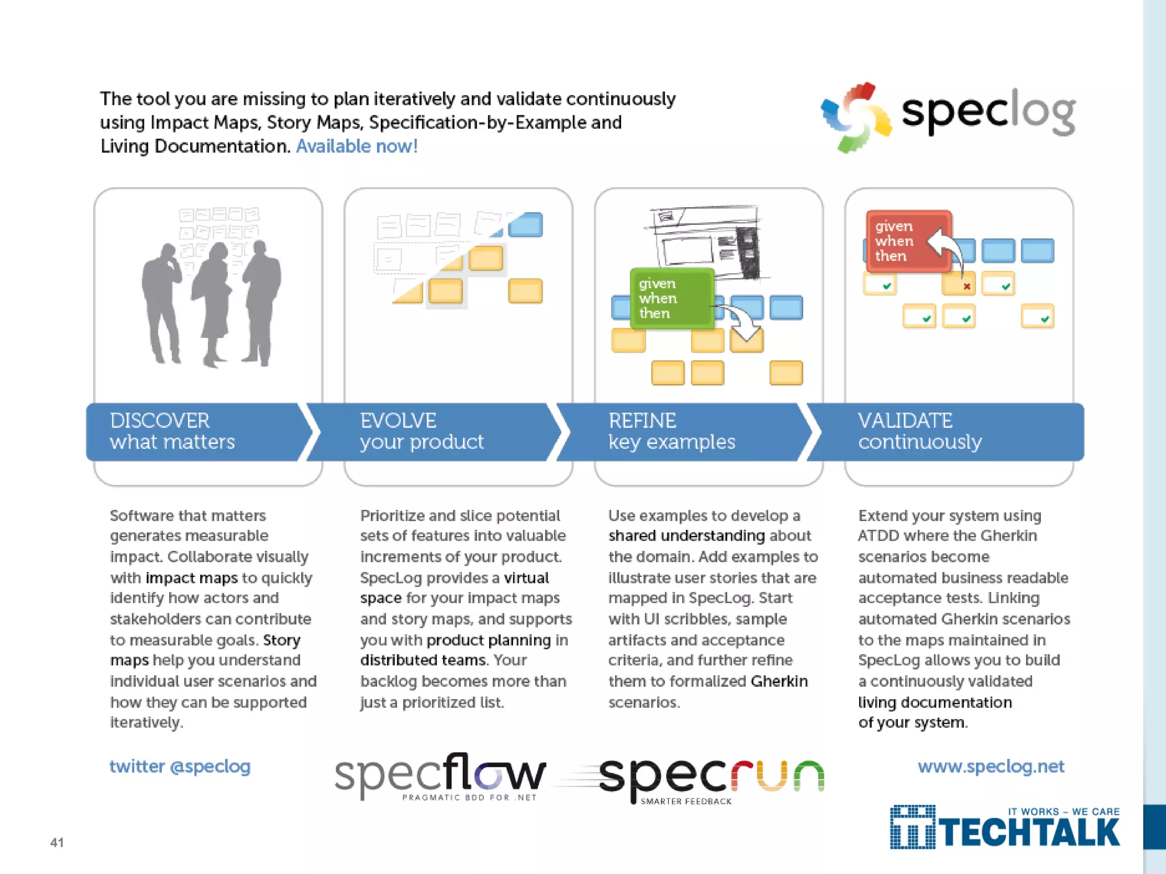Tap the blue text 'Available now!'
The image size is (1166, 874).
357,146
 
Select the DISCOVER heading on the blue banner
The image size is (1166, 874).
159,420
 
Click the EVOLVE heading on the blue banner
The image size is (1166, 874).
398,420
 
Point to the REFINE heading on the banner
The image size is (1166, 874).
642,420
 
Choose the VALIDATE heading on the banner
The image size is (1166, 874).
905,420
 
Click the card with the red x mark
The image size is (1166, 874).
959,284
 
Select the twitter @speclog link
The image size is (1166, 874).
180,766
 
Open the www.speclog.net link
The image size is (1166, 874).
991,766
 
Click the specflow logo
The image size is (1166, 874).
440,776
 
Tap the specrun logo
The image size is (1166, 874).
712,778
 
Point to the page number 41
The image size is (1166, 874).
57,842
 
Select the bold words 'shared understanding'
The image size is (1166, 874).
686,536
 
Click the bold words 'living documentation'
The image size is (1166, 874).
935,703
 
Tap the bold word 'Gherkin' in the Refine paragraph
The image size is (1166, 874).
779,682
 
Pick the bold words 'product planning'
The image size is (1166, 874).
488,640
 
